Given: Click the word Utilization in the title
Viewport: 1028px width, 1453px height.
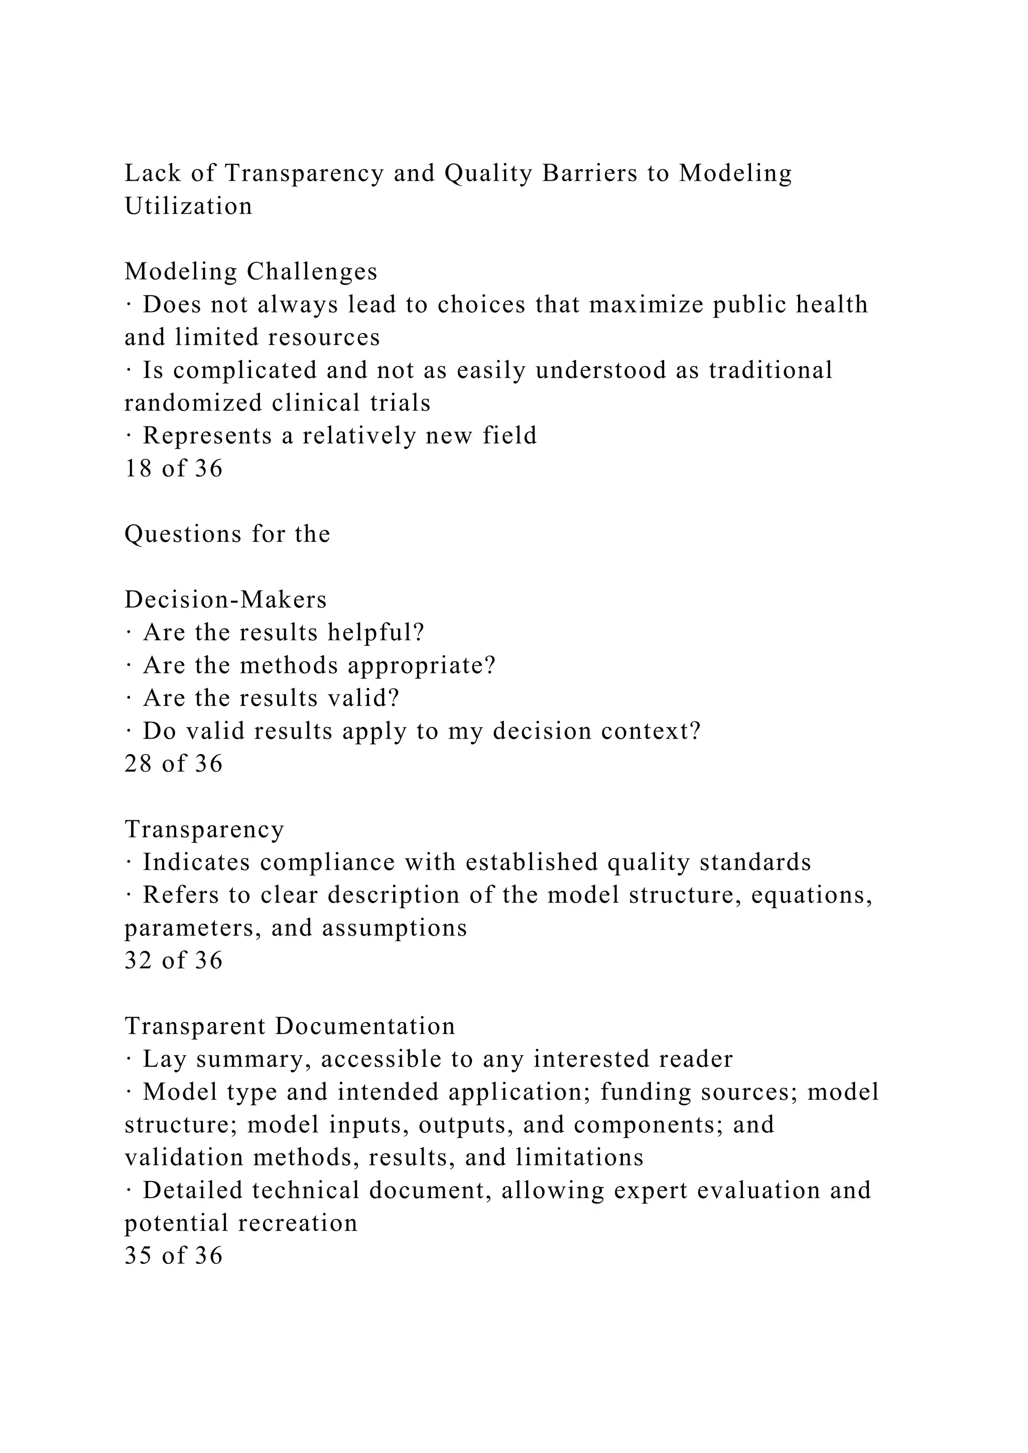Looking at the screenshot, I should (189, 206).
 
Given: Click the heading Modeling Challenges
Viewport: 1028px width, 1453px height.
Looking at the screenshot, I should (250, 271).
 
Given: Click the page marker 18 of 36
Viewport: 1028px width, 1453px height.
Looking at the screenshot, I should (174, 468).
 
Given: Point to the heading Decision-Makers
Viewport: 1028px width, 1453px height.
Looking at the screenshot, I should (225, 599).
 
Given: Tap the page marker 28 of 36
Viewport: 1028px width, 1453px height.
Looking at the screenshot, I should (174, 764).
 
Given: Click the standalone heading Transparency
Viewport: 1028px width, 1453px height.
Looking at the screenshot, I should (204, 829).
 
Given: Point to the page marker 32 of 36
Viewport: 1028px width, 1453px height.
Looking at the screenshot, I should (174, 961).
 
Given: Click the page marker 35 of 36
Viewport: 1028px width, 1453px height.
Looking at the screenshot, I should (174, 1255).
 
